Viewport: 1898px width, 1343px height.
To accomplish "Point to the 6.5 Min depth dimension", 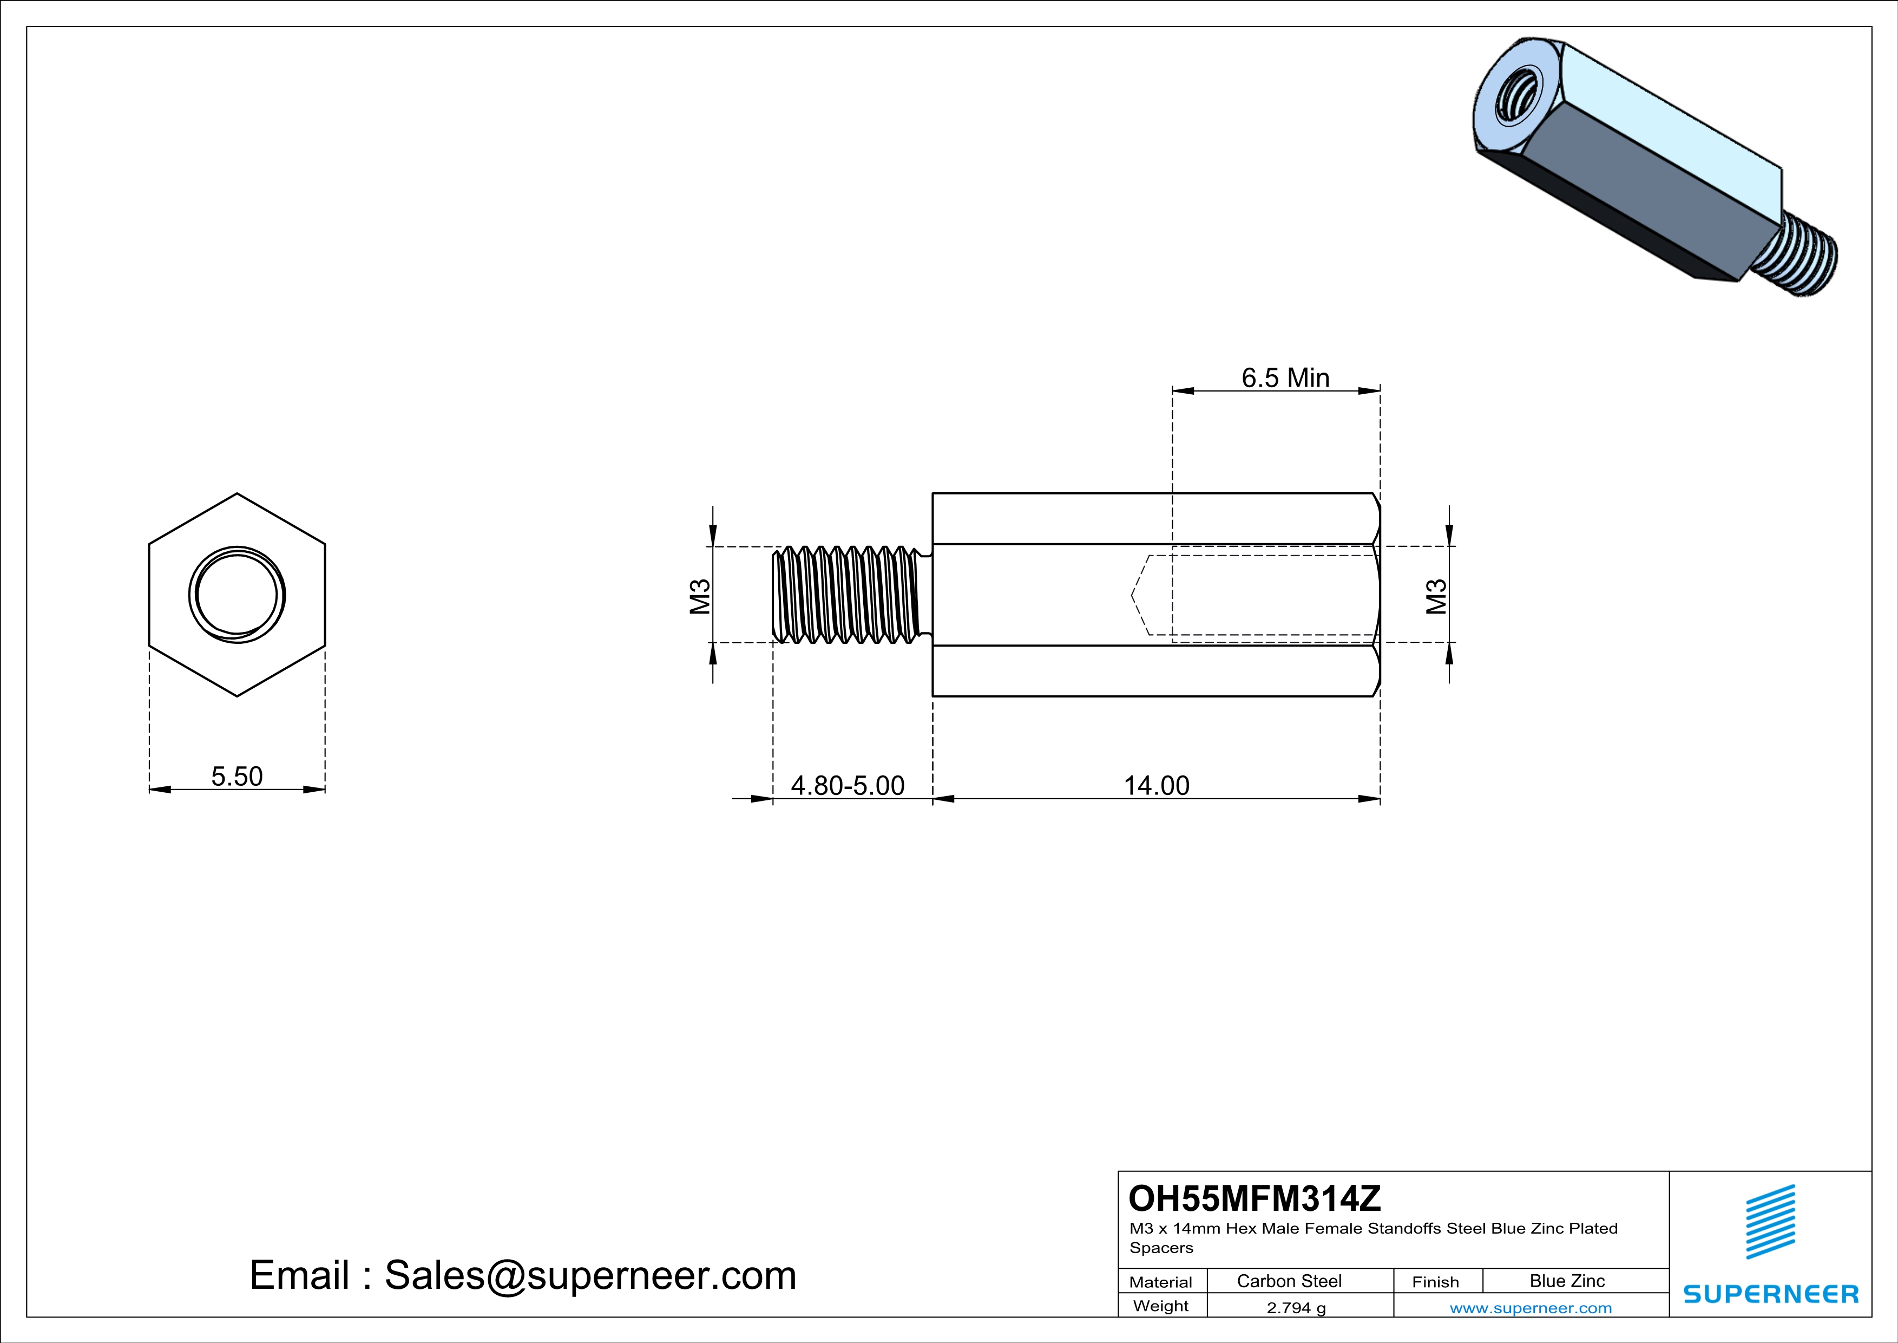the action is click(x=1285, y=378).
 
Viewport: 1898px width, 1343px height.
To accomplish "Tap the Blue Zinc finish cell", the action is click(x=1567, y=1281).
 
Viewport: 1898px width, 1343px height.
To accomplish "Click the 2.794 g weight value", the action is click(x=1296, y=1307).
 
